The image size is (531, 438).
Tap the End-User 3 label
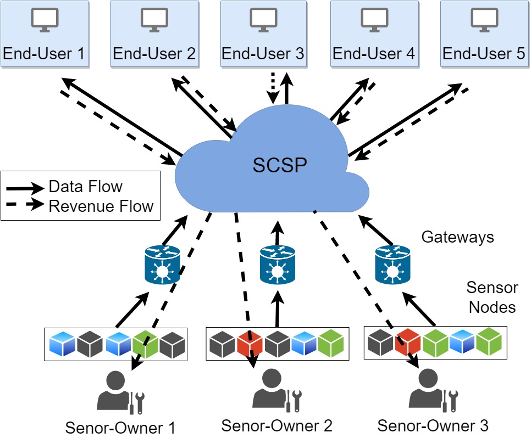[x=263, y=54]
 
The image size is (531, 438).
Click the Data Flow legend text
[x=85, y=187]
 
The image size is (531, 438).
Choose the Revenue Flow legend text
[x=101, y=206]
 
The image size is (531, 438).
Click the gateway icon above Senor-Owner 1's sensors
[x=162, y=265]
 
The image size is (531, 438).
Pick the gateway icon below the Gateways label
[x=392, y=265]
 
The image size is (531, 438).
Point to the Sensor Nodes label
[x=491, y=297]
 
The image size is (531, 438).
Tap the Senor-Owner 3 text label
[x=433, y=425]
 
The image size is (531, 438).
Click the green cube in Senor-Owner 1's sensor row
[x=145, y=344]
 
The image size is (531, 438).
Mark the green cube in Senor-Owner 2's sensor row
[x=331, y=343]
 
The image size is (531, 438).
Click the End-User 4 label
[x=374, y=54]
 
